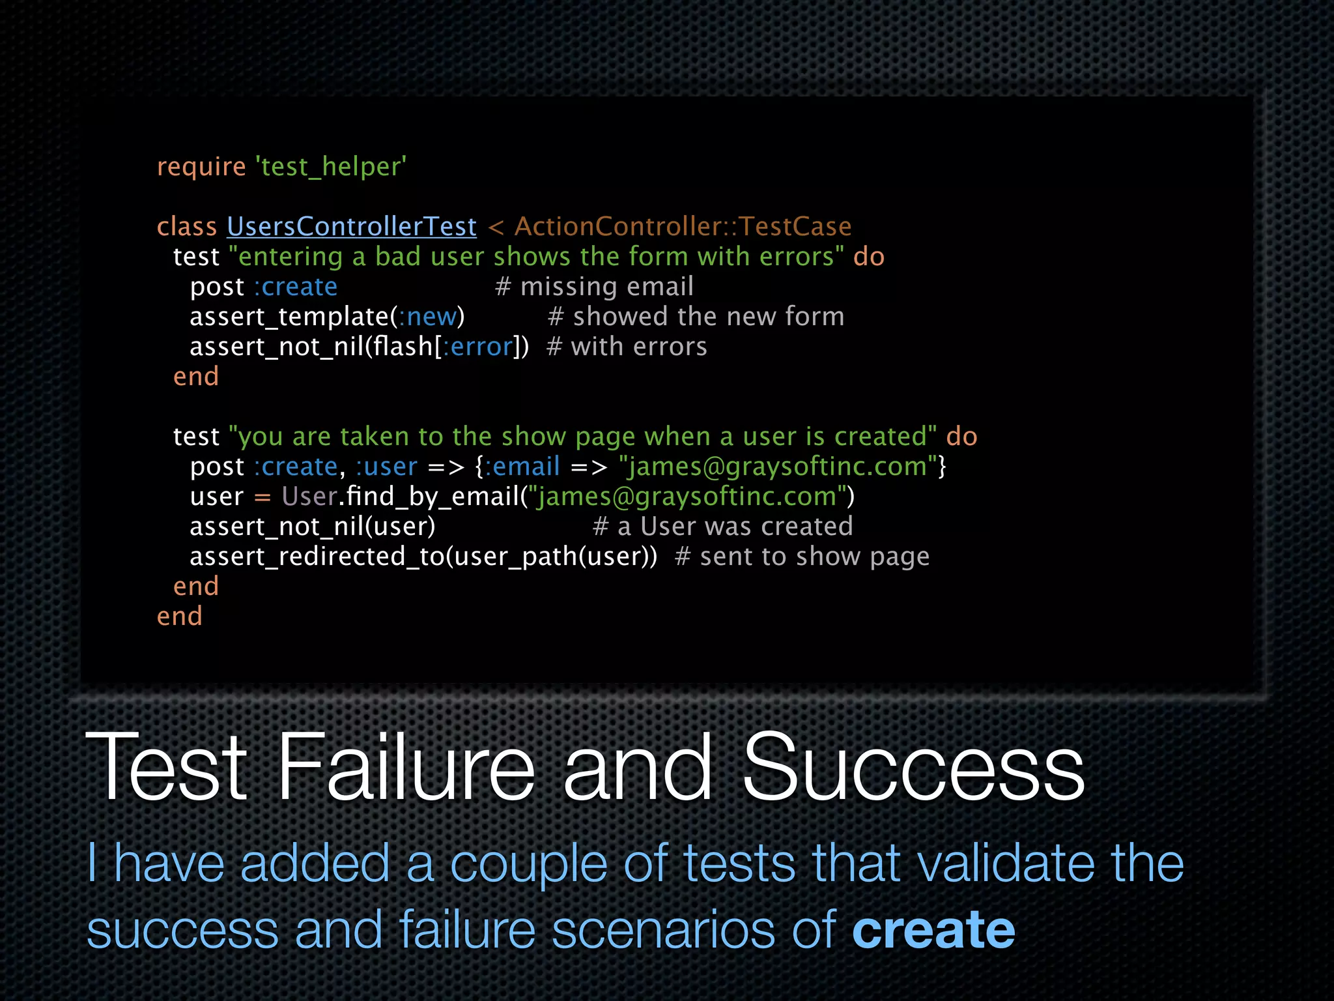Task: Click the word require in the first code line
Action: click(201, 167)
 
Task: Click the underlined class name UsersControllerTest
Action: click(352, 227)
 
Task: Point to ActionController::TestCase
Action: click(683, 227)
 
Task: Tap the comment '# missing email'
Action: click(594, 287)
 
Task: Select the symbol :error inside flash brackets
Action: click(478, 347)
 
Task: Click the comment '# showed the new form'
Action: click(696, 317)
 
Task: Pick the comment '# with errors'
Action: click(627, 347)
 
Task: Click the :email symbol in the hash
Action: click(522, 467)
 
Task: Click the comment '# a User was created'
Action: click(722, 527)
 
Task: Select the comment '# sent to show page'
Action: click(802, 557)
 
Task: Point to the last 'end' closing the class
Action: click(179, 617)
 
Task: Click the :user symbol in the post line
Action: click(386, 467)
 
